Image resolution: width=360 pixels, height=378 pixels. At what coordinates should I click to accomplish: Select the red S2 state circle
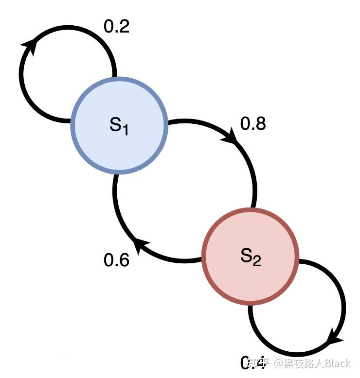pos(250,257)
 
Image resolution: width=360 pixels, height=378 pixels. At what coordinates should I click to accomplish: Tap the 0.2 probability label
pos(117,27)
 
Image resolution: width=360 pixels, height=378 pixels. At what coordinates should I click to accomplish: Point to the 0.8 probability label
pos(253,124)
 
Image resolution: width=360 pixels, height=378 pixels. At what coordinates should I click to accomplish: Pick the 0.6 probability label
pos(117,260)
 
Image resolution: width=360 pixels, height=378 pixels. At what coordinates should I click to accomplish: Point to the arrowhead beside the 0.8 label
pos(231,137)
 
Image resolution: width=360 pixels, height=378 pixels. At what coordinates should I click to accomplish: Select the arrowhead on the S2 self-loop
pos(336,338)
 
